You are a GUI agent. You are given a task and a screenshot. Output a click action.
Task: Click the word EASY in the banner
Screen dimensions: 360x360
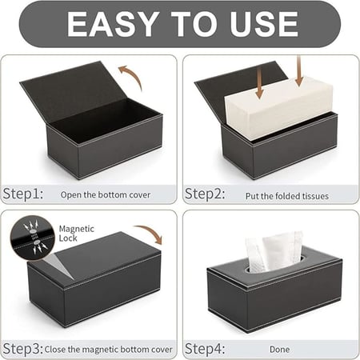coord(112,24)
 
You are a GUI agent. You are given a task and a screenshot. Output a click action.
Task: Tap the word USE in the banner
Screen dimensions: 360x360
coord(264,24)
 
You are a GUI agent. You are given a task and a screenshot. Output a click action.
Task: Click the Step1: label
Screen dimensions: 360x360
coord(23,194)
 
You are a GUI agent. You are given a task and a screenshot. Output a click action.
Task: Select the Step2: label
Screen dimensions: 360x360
coord(205,194)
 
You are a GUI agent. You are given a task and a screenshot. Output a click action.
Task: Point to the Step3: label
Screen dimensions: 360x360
coord(23,349)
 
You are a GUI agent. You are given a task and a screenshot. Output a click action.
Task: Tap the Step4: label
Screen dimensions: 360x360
coord(205,349)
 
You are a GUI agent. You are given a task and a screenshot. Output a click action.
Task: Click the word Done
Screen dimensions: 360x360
coord(279,350)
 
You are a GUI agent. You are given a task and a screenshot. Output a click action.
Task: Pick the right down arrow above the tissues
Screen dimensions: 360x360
coord(299,70)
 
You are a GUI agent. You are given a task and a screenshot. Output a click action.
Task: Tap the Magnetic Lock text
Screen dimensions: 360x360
coord(77,234)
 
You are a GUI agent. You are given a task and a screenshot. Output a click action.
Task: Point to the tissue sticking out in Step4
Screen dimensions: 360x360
coord(274,252)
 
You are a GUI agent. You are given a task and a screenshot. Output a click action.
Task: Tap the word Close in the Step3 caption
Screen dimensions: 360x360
coord(55,350)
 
